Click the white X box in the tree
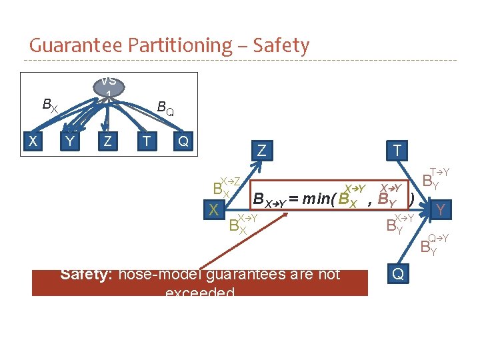[32, 141]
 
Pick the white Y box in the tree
[69, 141]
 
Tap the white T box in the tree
[144, 141]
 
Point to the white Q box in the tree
[183, 141]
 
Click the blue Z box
[261, 151]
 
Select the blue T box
[397, 151]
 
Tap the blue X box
[214, 210]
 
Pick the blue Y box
[440, 211]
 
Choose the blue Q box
[397, 274]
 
